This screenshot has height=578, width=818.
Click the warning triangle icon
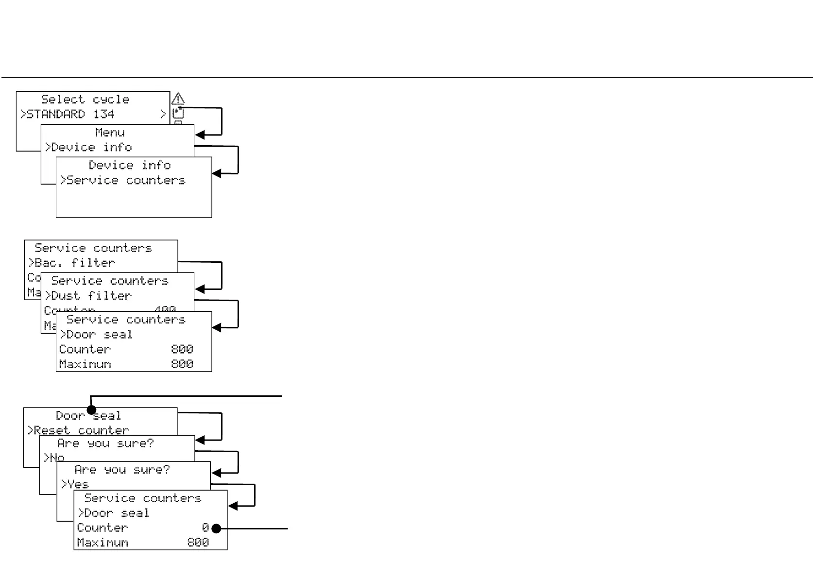178,99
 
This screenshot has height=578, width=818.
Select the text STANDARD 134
70,114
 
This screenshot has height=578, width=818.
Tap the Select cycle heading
85,100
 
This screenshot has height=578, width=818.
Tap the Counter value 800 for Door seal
182,349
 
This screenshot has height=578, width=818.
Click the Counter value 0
205,528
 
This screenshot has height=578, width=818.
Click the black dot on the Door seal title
91,410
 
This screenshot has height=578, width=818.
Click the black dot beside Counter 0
217,528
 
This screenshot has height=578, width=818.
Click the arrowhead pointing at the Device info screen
217,173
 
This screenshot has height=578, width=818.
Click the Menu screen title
110,133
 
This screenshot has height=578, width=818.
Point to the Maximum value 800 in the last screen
198,543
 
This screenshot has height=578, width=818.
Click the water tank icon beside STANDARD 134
178,114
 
